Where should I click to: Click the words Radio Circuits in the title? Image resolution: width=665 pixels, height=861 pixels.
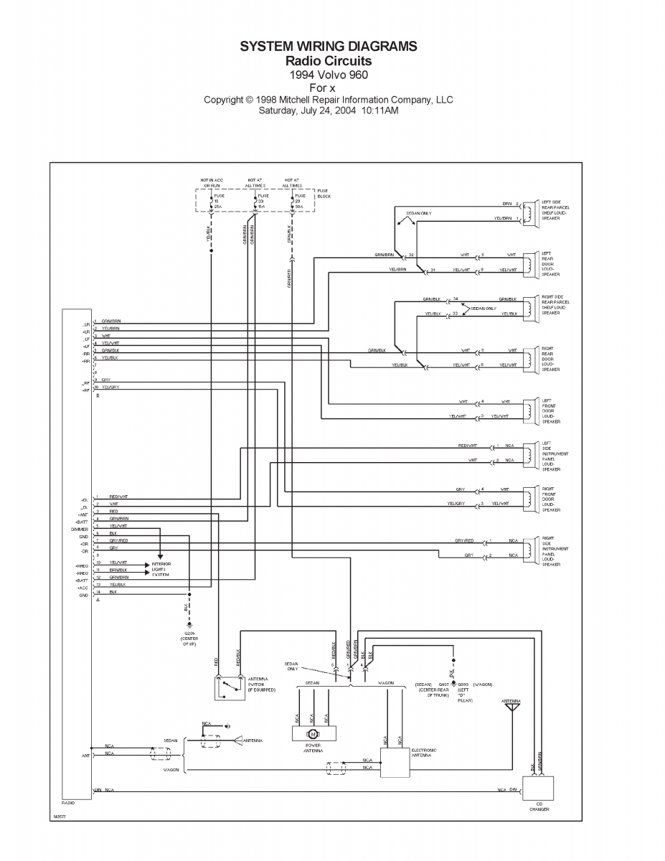[x=329, y=60]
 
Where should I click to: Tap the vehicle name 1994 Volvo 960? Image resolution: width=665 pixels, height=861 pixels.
[x=329, y=75]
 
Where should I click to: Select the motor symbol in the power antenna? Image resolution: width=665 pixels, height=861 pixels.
[x=311, y=733]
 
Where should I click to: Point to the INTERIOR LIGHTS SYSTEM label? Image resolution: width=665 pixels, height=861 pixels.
[x=161, y=569]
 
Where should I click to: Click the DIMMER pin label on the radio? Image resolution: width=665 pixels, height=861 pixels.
[x=79, y=529]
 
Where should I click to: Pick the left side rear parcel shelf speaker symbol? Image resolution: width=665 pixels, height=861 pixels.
[x=529, y=211]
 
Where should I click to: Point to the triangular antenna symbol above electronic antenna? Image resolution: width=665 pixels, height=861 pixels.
[x=511, y=707]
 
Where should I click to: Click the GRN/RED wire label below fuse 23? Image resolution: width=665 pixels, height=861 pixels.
[x=290, y=278]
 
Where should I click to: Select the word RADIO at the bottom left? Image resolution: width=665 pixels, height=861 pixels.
[x=67, y=803]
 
